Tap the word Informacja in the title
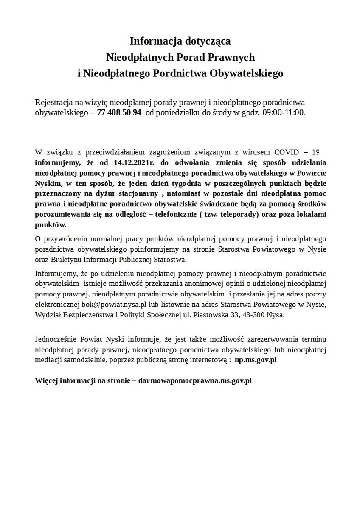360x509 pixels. (154, 42)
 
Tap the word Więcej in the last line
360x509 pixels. (46, 380)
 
